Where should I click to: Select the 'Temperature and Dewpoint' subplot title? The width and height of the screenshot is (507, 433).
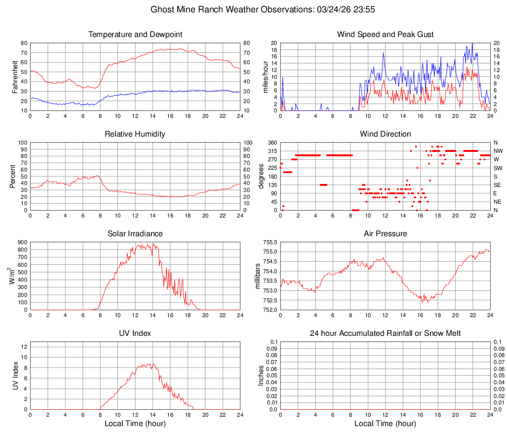tap(135, 35)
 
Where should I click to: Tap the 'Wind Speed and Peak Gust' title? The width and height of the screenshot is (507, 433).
tap(385, 35)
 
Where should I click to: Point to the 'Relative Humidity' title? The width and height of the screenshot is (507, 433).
tap(135, 134)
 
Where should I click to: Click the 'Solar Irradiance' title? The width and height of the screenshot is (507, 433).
tap(135, 234)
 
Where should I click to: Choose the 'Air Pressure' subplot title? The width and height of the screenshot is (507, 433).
tap(385, 234)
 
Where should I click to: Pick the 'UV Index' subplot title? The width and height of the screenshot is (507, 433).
tap(135, 333)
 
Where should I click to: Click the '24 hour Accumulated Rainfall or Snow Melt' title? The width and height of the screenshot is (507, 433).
tap(385, 333)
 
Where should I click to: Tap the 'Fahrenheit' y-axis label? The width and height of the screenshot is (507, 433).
tap(15, 76)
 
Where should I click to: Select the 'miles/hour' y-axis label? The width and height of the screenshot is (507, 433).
tap(266, 76)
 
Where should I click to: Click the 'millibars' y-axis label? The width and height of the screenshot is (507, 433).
tap(257, 276)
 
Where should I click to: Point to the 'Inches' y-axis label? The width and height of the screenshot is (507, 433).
tap(261, 375)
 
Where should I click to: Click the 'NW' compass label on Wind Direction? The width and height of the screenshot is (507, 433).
tap(498, 151)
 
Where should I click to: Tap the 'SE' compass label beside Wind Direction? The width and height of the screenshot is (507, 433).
tap(498, 185)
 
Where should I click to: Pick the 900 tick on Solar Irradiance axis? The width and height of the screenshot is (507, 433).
tap(22, 243)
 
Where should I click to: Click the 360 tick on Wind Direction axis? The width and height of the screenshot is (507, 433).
tap(273, 143)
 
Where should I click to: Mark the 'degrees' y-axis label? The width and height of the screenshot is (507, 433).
tap(261, 176)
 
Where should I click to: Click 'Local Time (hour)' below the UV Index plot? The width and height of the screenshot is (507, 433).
tap(135, 424)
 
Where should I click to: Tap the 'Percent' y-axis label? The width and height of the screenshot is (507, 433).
tap(12, 176)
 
